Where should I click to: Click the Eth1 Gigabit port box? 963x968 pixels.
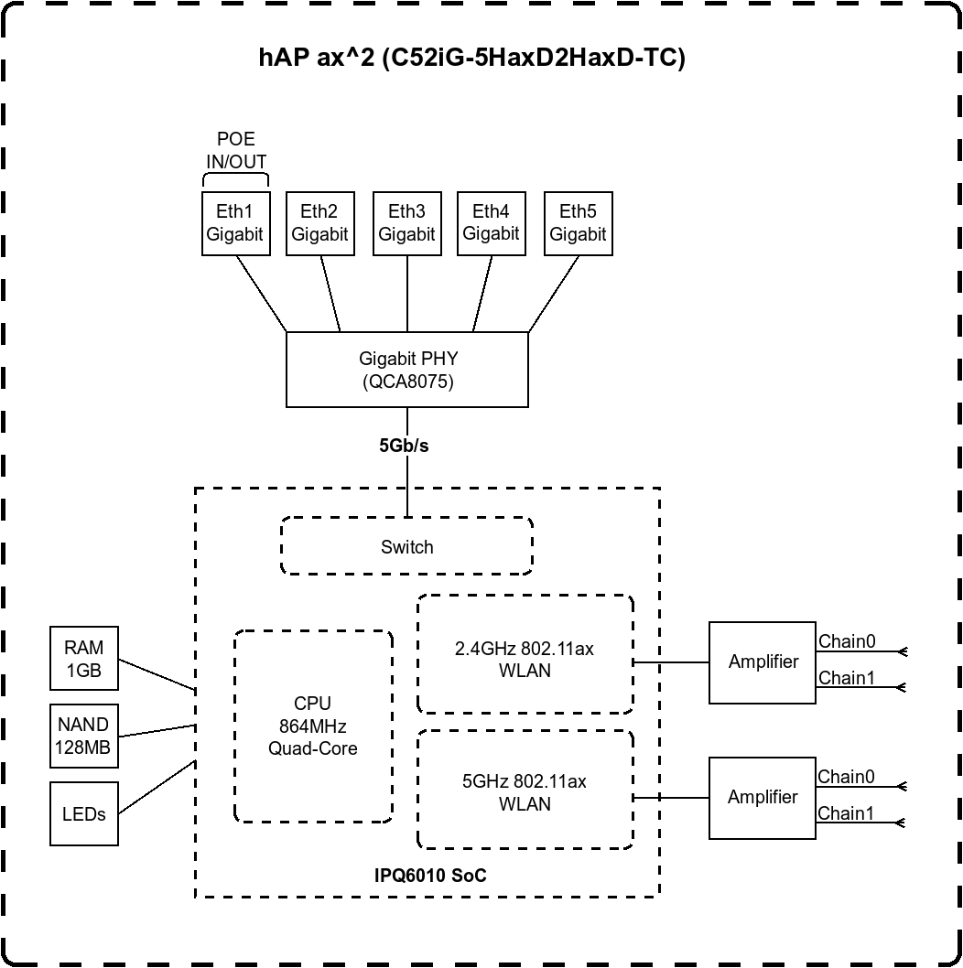[x=234, y=222]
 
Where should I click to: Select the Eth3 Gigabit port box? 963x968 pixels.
[x=406, y=222]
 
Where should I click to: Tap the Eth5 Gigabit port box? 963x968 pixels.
[x=578, y=222]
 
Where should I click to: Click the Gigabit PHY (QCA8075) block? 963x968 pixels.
[x=407, y=370]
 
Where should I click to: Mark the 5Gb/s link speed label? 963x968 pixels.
[x=404, y=446]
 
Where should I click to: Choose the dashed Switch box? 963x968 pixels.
[x=406, y=546]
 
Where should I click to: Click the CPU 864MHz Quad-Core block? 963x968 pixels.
[x=313, y=726]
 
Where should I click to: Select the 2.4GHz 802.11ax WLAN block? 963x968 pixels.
[x=525, y=659]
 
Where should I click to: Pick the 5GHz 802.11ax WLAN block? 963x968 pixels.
[x=525, y=792]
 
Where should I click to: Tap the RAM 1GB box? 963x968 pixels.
[x=84, y=659]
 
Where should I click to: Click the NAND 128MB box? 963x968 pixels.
[x=84, y=737]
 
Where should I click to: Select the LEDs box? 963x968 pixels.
[x=84, y=813]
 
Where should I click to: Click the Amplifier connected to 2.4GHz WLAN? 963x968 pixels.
[x=763, y=662]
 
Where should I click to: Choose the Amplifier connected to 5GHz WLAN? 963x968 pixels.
[x=763, y=797]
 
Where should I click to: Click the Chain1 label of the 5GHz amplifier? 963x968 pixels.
[x=846, y=812]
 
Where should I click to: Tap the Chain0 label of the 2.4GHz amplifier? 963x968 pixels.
[x=847, y=641]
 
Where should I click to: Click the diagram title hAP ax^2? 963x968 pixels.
[x=471, y=59]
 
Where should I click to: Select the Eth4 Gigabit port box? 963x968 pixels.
[x=492, y=222]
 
